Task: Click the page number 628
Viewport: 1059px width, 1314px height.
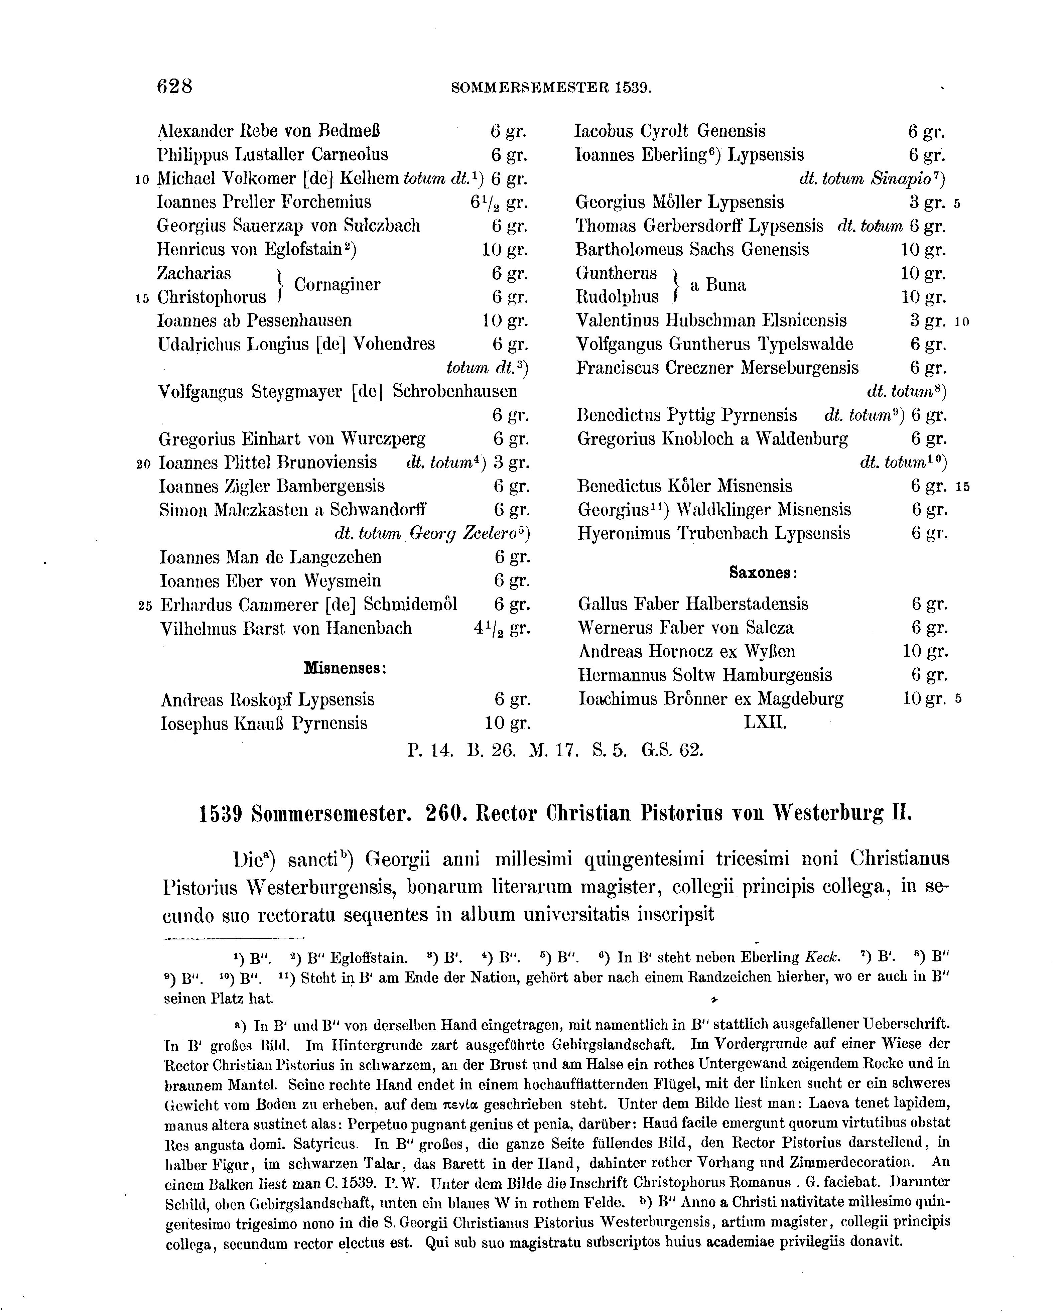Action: (x=175, y=87)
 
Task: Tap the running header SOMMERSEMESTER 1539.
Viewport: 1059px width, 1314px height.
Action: (x=551, y=89)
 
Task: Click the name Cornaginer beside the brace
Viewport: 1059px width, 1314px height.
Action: (x=337, y=285)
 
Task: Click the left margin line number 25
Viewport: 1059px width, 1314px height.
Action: (x=145, y=606)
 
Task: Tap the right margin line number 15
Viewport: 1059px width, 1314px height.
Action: (x=963, y=487)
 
